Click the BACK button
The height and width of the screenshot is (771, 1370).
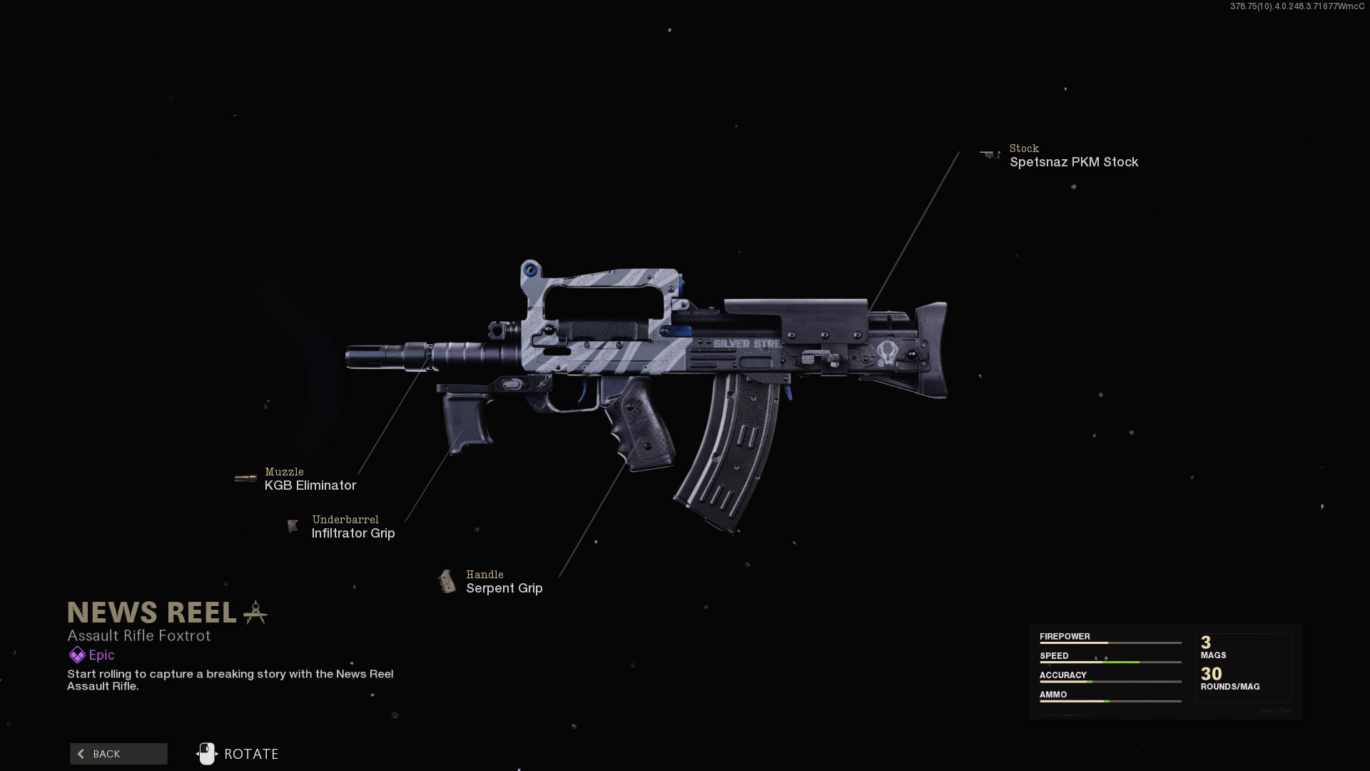(118, 754)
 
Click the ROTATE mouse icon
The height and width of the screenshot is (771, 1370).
(206, 754)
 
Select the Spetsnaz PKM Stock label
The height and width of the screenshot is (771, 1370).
(1073, 162)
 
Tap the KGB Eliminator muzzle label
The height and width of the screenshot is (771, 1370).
(310, 485)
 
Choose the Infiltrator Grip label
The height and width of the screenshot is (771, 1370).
(353, 533)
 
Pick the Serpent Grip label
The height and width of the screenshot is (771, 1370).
(504, 588)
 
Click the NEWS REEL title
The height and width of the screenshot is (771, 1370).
(152, 613)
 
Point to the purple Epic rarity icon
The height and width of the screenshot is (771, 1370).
(76, 655)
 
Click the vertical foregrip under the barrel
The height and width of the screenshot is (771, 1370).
(467, 421)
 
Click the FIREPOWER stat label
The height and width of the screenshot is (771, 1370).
(1065, 636)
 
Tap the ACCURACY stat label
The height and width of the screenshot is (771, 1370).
(1062, 675)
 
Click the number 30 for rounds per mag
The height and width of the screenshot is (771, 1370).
(1211, 673)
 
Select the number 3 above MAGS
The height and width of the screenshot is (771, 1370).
(1206, 642)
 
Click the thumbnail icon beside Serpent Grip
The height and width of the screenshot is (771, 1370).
(447, 581)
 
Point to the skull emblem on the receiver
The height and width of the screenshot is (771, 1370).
(888, 352)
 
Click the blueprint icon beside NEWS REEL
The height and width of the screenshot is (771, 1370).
(255, 613)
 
